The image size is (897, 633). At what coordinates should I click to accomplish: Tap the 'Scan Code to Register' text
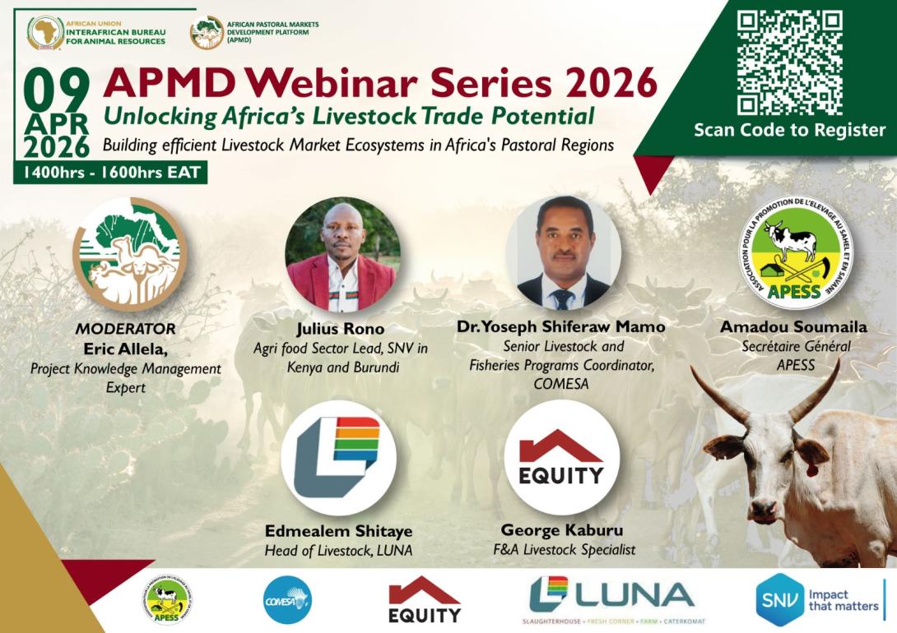point(789,130)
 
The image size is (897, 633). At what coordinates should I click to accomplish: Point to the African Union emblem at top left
point(45,33)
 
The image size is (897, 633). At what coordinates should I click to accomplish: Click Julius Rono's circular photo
point(342,252)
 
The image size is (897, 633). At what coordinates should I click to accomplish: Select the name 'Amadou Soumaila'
point(793,327)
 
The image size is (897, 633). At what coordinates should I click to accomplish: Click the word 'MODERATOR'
point(126,329)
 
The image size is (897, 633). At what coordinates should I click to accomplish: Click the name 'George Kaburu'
point(560,530)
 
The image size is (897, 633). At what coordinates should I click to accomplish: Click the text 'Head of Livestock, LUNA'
point(338,550)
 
